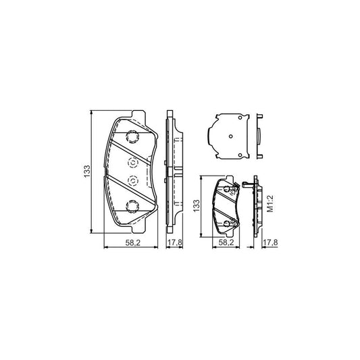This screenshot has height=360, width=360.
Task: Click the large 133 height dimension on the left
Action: tap(87, 173)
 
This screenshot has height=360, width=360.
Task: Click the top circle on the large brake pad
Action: tap(132, 136)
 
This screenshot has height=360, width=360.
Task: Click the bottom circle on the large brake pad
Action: tap(132, 207)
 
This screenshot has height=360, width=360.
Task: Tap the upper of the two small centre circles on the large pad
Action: tap(132, 162)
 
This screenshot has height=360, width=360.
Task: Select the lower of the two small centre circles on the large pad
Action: tap(132, 180)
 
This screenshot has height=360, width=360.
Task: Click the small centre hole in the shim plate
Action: tap(230, 136)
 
